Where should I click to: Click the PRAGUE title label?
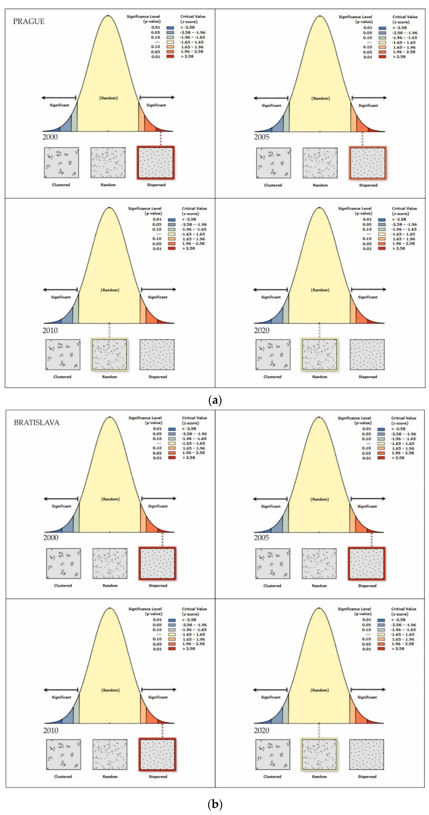(x=29, y=22)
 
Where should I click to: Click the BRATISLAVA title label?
(x=36, y=423)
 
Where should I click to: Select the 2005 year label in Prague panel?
(x=262, y=137)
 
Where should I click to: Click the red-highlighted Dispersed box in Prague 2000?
(x=156, y=163)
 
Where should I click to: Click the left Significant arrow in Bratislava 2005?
(x=270, y=499)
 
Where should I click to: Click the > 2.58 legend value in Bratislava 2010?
(x=189, y=649)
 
